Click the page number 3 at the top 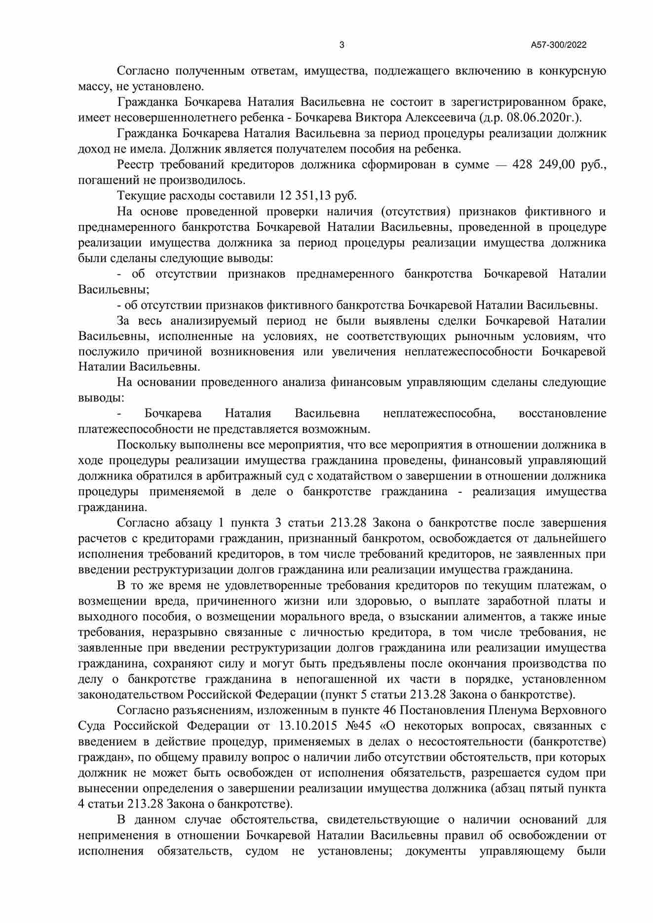[x=342, y=45]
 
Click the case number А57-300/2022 [x=558, y=45]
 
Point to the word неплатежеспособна [x=439, y=413]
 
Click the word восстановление [x=562, y=413]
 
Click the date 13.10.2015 [x=305, y=726]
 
